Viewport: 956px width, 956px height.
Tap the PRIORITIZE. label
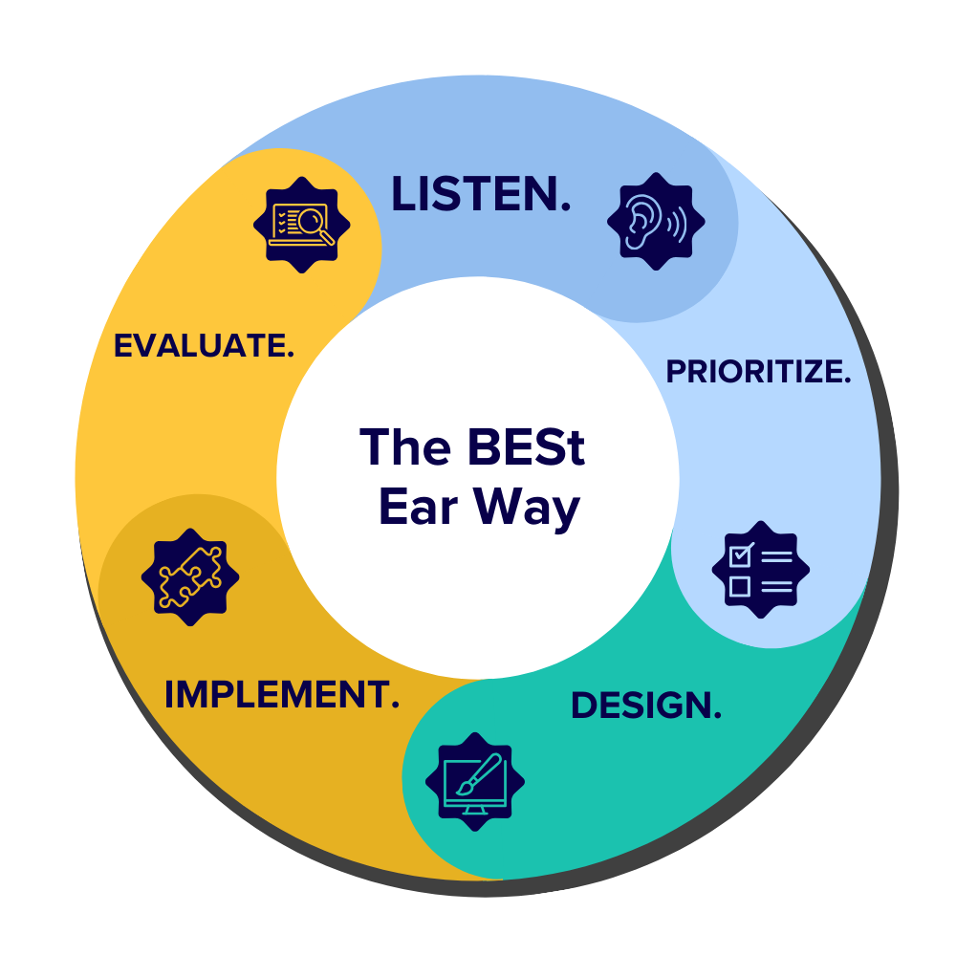coord(758,372)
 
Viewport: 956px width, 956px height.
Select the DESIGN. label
coord(645,706)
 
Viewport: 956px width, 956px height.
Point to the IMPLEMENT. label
coord(281,695)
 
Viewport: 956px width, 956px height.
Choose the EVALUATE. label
coord(204,346)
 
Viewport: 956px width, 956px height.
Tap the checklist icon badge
coord(760,570)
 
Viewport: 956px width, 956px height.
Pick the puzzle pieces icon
coord(190,576)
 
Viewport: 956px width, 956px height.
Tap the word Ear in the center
coord(417,506)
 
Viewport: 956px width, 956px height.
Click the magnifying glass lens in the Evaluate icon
coord(310,221)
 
